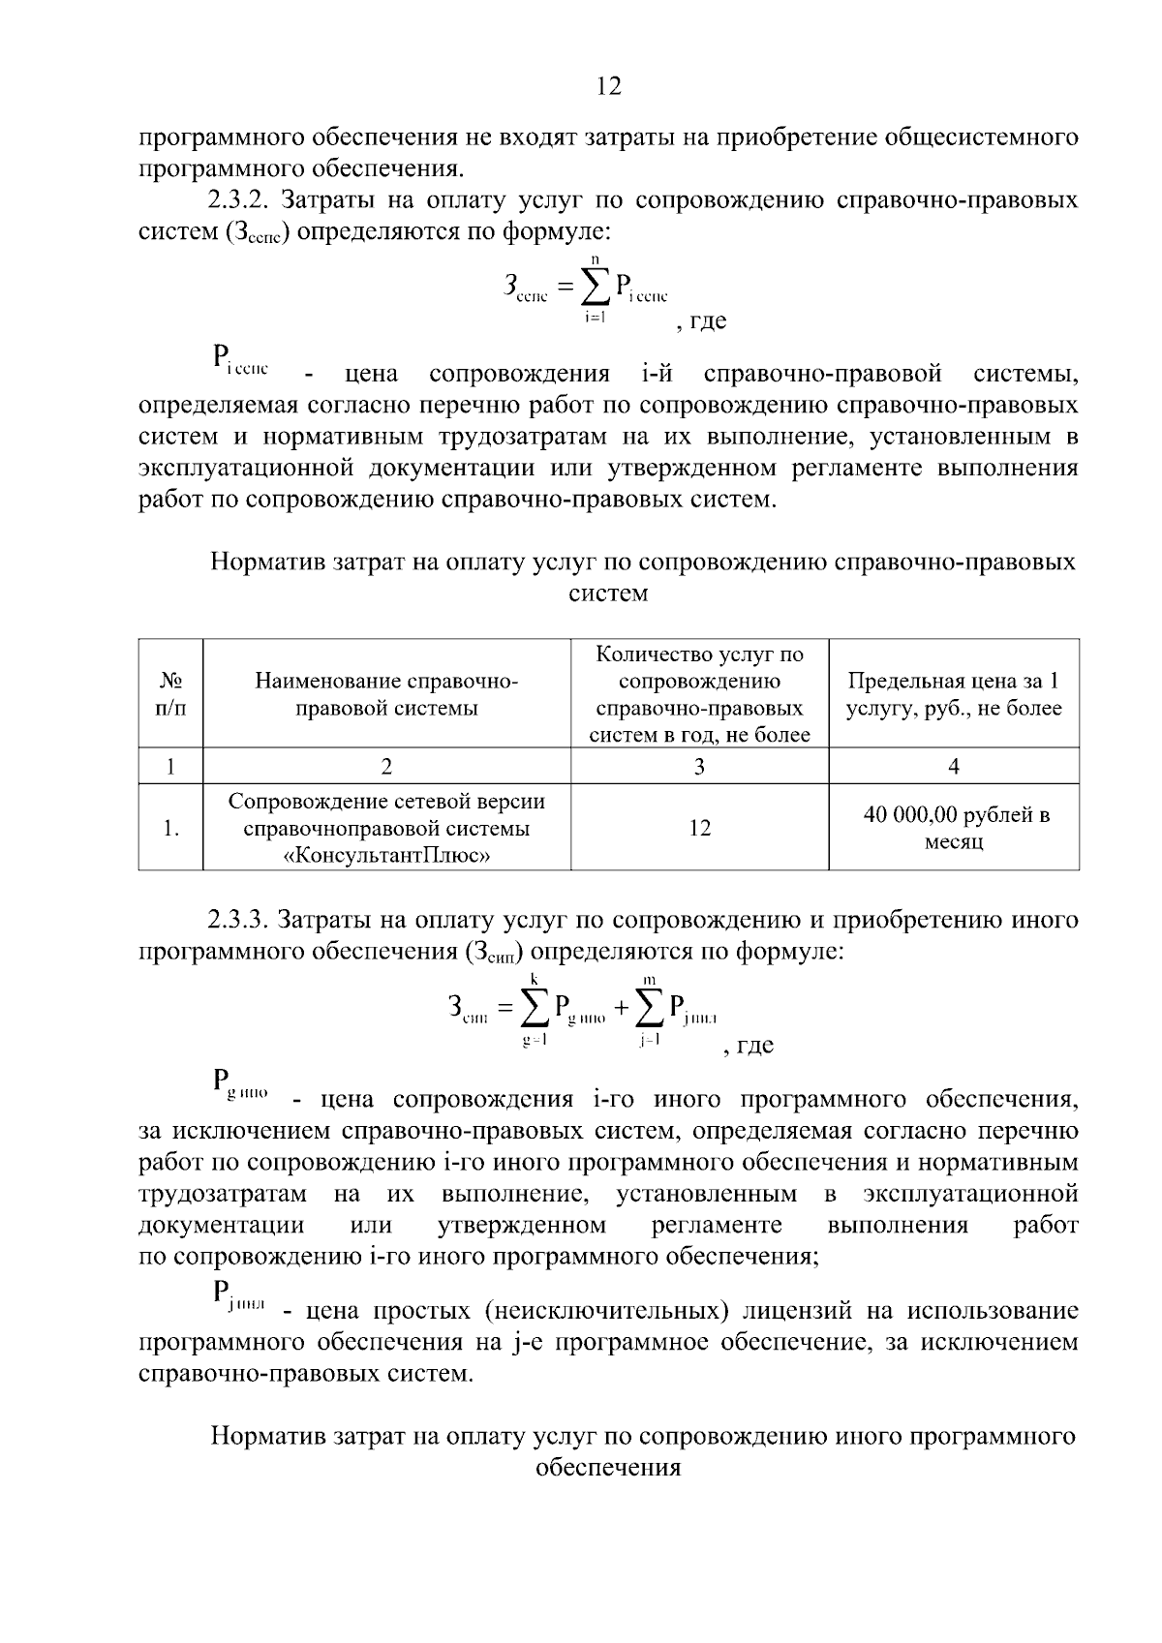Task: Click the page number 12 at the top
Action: point(608,87)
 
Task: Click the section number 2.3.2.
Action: point(242,200)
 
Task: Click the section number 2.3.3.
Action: point(242,919)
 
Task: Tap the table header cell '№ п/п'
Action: point(170,694)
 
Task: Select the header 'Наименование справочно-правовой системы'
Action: point(386,694)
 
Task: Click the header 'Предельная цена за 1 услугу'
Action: point(954,694)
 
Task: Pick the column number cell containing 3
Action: point(699,767)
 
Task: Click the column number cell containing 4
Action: point(954,767)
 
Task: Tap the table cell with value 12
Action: point(699,828)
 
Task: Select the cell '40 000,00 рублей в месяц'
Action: point(954,828)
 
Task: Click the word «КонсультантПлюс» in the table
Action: point(386,855)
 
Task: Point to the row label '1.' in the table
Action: point(170,829)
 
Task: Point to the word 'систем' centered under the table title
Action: point(607,593)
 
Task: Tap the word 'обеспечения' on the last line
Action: point(607,1467)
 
